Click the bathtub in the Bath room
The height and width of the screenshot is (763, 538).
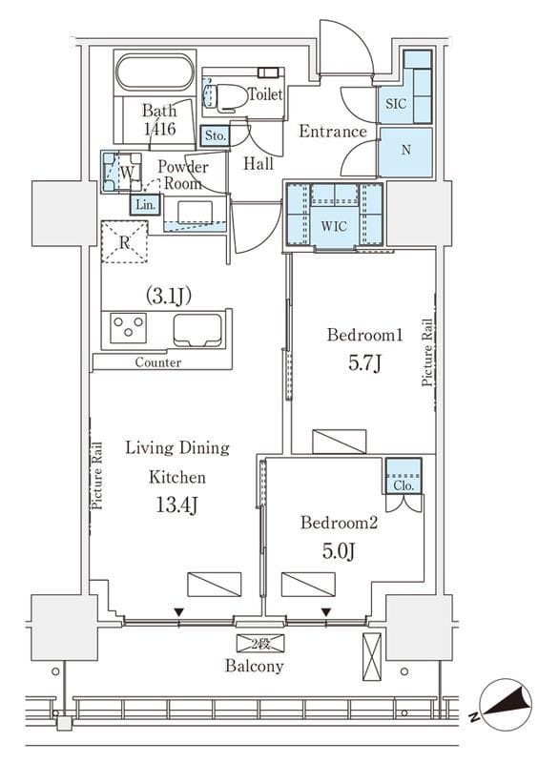[155, 72]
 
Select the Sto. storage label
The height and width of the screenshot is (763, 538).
[216, 135]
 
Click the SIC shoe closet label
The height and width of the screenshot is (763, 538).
[396, 104]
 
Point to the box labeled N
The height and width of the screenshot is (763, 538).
[405, 152]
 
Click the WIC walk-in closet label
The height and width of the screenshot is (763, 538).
[334, 226]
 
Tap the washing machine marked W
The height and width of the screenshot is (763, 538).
[122, 172]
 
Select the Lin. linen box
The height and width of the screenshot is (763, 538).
[146, 204]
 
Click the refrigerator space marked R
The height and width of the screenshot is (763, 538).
[124, 242]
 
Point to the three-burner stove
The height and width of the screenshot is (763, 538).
[129, 327]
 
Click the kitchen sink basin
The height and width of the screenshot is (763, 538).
[197, 330]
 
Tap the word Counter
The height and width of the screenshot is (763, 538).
[157, 362]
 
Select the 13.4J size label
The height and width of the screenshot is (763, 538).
[176, 505]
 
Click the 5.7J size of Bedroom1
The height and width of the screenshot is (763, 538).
[364, 363]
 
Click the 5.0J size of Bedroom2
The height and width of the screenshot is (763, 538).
[339, 550]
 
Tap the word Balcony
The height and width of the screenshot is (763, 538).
[254, 666]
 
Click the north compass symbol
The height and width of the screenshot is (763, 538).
[506, 705]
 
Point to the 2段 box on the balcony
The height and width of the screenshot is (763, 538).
[260, 644]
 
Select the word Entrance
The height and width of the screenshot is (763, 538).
[333, 132]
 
